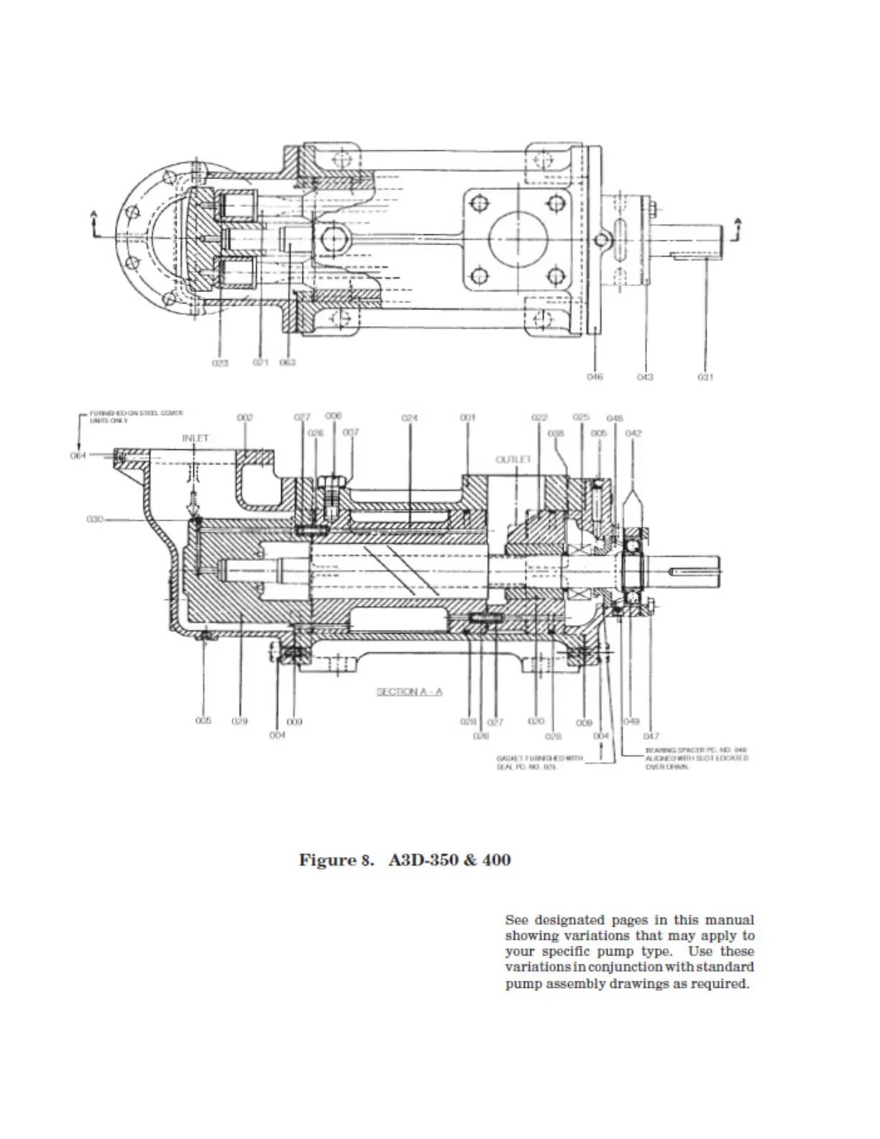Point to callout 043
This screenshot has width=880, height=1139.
645,377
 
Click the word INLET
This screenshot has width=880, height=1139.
195,438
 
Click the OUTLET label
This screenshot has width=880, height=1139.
513,459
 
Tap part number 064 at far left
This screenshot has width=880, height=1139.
78,455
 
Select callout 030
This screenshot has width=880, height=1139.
95,518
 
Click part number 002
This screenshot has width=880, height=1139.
245,417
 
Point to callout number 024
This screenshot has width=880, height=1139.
409,417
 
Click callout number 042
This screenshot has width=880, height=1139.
633,433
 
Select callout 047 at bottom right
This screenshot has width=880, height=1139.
651,736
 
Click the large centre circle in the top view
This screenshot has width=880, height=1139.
517,238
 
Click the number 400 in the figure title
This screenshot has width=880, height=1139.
496,860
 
